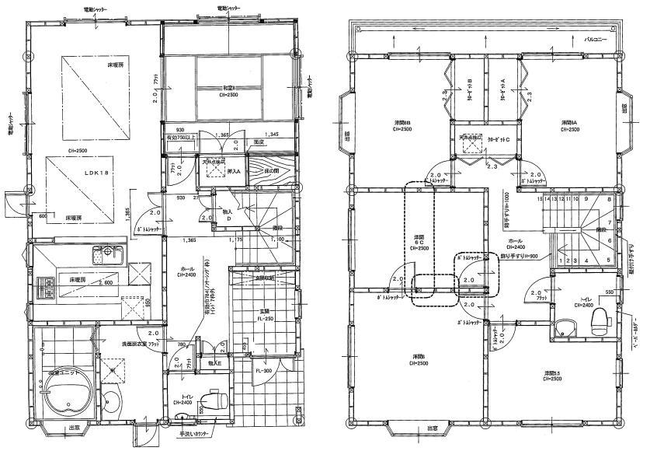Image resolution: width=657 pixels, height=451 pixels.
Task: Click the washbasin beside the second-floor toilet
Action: [x=566, y=331]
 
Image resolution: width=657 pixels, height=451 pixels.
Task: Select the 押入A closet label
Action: [x=234, y=170]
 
